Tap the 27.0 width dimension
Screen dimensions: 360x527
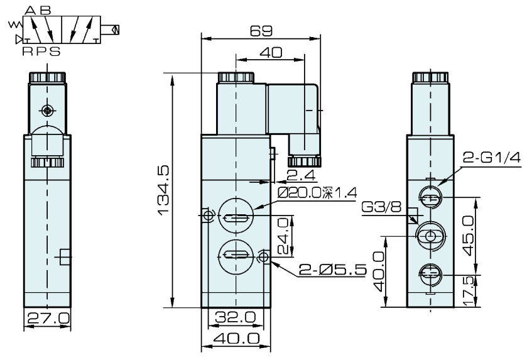48,318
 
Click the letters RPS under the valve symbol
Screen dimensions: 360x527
41,52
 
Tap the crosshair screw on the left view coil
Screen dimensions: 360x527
48,111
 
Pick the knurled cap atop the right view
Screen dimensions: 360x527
430,77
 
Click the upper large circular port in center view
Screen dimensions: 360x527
236,217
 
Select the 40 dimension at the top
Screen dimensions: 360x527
271,53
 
